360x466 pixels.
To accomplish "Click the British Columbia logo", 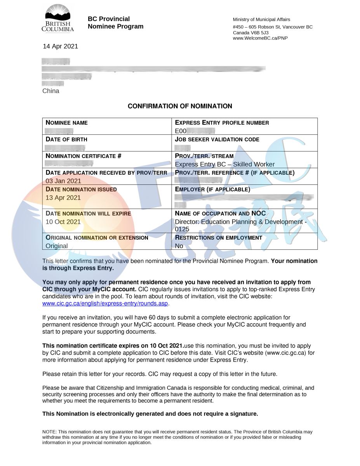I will click(x=57, y=19).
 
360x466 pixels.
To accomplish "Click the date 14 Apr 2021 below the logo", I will click(x=60, y=46).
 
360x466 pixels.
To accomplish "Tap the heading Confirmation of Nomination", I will click(x=180, y=106).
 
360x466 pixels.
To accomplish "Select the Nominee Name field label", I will click(x=67, y=123).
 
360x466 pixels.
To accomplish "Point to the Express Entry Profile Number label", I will click(x=222, y=123).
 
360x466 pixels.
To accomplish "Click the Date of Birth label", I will click(x=66, y=139).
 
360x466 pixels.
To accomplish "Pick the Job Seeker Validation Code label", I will click(x=217, y=139).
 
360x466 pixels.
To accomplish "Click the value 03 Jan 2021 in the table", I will click(x=63, y=181).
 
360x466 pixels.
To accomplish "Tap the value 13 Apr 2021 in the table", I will click(x=63, y=198).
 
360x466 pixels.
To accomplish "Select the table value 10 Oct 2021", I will click(x=63, y=222).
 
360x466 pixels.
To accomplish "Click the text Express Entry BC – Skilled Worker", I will click(x=225, y=164).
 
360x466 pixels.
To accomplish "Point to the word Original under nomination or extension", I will click(x=57, y=246).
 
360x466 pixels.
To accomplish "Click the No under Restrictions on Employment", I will click(x=179, y=246).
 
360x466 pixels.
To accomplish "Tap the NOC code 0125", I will click(x=182, y=229).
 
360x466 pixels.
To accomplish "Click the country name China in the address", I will click(x=51, y=91).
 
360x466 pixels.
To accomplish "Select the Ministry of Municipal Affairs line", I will click(x=261, y=19).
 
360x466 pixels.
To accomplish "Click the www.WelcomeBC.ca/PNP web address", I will click(x=260, y=38).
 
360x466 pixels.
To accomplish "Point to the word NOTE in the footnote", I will click(x=49, y=432).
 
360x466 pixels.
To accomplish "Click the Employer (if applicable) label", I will click(x=212, y=190).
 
